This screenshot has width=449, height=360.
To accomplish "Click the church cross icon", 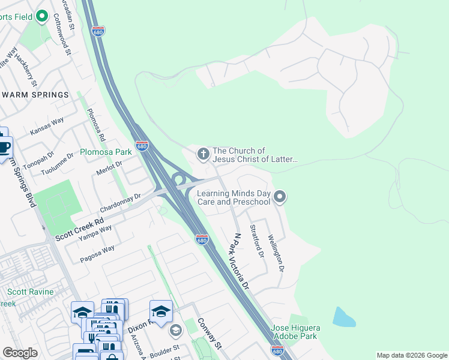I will pos(203,155).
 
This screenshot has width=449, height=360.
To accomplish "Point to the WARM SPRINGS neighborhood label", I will pos(35,95).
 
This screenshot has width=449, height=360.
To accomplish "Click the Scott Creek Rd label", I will pos(79,229).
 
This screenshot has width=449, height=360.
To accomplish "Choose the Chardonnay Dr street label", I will pos(120,203).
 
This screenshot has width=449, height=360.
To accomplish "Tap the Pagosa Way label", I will pos(97,254).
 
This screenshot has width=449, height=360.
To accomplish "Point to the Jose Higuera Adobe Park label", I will pos(295,332).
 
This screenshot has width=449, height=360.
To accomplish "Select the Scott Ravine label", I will pos(30,292).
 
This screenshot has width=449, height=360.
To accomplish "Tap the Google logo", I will pos(20,353).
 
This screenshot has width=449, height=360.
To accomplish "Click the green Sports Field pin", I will pos(41,16).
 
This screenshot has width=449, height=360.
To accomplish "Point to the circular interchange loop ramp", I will pos(178,179).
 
